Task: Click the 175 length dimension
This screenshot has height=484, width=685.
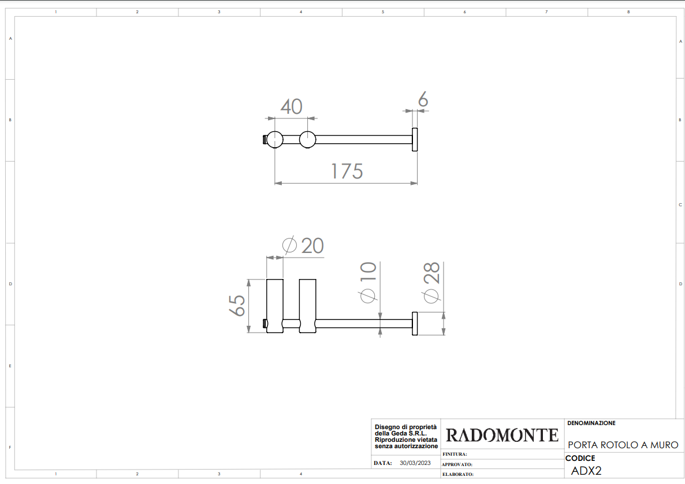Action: [347, 171]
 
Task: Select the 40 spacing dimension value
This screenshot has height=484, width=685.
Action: [292, 107]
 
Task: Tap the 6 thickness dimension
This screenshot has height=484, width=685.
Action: [423, 99]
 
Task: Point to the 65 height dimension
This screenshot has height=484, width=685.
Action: [237, 306]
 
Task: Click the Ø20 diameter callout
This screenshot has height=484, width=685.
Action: [303, 245]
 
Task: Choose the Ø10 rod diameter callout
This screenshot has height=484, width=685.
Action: [368, 282]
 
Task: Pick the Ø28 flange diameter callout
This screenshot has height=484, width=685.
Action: [431, 282]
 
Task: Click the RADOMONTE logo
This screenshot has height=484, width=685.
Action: [502, 435]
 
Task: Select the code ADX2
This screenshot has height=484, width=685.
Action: [586, 471]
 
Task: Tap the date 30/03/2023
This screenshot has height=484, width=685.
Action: [415, 463]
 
